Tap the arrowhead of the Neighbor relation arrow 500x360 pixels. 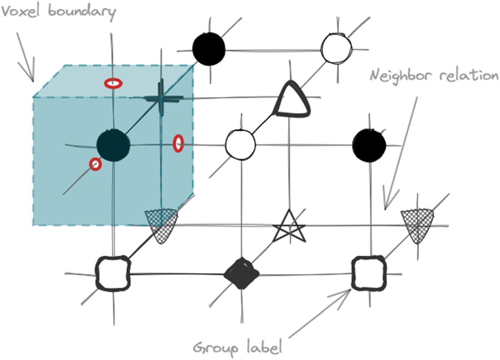[385, 207]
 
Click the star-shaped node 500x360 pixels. [288, 227]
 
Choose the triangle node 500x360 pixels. [292, 99]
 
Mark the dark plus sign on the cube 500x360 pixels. [160, 98]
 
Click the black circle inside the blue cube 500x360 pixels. [113, 145]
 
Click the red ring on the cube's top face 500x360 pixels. [113, 83]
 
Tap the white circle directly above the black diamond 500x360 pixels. [240, 144]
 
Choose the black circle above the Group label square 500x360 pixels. [369, 144]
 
